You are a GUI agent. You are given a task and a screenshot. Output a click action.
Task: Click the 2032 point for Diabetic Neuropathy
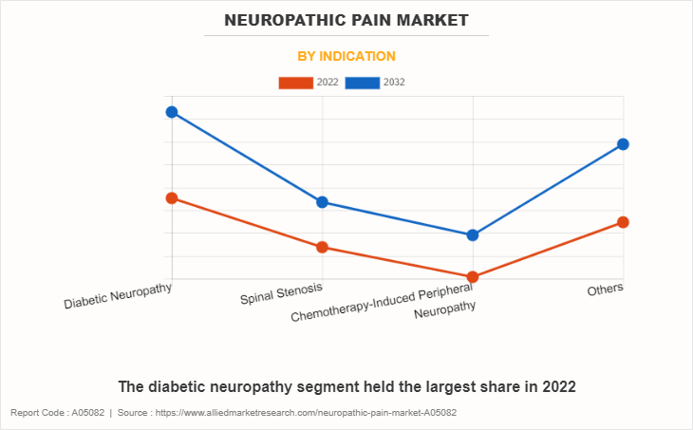(172, 112)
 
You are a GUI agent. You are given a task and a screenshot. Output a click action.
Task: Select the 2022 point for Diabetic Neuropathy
(172, 198)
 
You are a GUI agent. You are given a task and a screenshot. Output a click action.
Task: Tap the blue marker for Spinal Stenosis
(322, 202)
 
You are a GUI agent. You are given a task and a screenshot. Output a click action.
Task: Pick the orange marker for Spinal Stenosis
(322, 248)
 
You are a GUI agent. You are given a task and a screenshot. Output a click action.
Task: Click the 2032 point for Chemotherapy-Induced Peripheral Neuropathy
(473, 235)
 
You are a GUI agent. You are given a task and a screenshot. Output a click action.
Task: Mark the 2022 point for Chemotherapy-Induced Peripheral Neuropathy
(473, 277)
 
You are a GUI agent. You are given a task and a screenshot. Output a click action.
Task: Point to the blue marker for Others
(623, 144)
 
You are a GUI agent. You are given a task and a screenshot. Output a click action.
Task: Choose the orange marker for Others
(623, 222)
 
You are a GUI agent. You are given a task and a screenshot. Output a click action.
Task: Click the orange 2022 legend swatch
(295, 83)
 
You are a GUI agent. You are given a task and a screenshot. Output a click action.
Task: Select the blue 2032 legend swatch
(364, 83)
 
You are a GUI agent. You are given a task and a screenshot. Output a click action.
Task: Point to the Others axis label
(605, 290)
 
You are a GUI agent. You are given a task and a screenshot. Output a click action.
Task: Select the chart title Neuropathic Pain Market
(346, 20)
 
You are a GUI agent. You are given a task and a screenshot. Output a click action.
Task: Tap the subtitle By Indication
(346, 56)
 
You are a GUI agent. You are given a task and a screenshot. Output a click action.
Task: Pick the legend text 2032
(394, 83)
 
